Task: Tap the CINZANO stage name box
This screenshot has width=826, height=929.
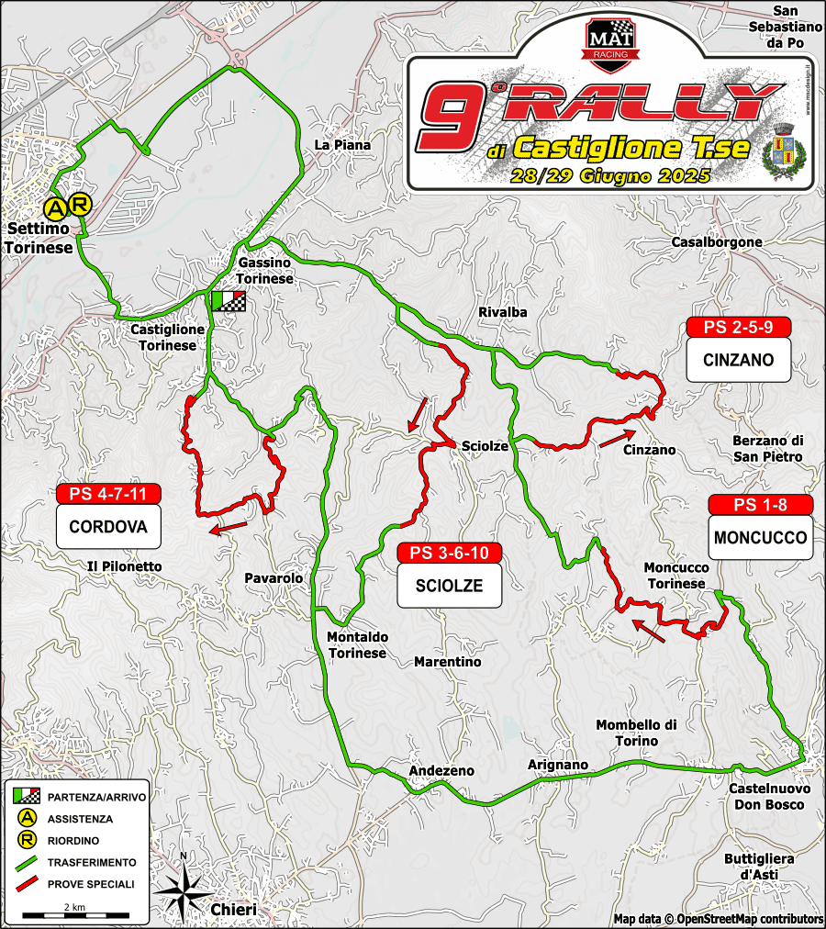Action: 738,360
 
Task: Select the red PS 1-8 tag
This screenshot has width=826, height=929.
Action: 760,506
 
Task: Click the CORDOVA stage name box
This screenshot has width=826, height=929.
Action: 108,528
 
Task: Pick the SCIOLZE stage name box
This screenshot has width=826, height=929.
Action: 449,586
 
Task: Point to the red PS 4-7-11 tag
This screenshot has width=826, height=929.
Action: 108,494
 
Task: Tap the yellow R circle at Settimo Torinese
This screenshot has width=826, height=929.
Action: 80,203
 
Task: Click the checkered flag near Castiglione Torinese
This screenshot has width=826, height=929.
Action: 228,302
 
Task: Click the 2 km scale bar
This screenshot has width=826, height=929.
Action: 74,915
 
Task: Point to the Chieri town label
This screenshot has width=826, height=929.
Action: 232,909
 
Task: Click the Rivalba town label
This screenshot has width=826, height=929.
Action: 503,312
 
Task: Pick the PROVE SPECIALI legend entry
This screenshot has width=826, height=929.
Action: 75,884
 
